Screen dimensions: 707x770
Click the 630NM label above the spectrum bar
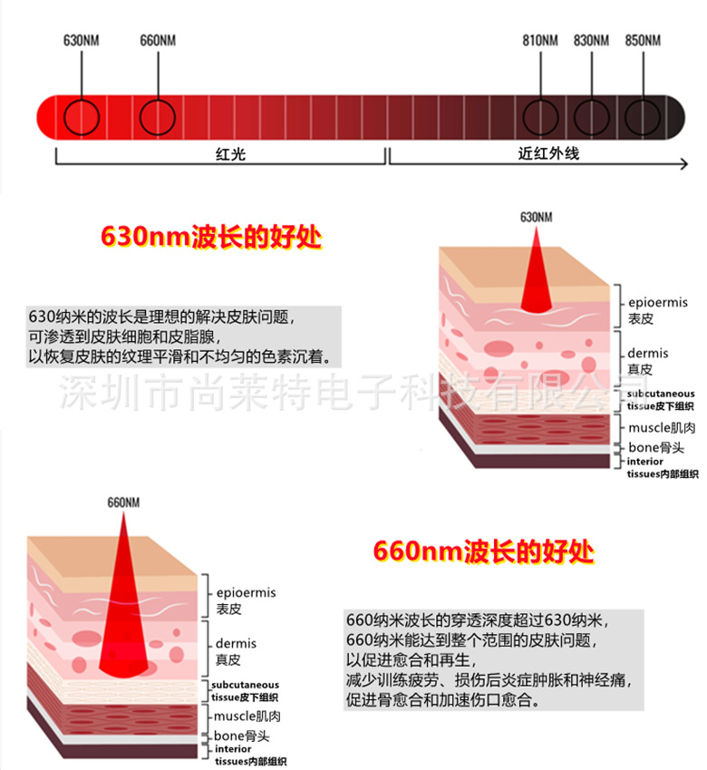pyautogui.click(x=81, y=40)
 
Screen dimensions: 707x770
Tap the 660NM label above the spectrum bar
pyautogui.click(x=158, y=40)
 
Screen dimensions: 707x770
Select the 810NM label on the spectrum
pyautogui.click(x=539, y=40)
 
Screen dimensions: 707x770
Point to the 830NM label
pyautogui.click(x=591, y=40)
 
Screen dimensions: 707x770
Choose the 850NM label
pyautogui.click(x=643, y=40)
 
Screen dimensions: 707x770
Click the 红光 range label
pyautogui.click(x=230, y=154)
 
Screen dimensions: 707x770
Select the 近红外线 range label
pyautogui.click(x=548, y=153)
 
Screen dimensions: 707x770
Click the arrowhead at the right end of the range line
pyautogui.click(x=685, y=164)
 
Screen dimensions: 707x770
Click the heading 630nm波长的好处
pyautogui.click(x=211, y=237)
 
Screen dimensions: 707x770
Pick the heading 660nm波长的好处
pyautogui.click(x=484, y=551)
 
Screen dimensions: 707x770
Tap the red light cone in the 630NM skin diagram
pyautogui.click(x=537, y=280)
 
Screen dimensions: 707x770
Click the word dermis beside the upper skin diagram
pyautogui.click(x=648, y=353)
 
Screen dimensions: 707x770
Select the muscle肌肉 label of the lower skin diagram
pyautogui.click(x=247, y=716)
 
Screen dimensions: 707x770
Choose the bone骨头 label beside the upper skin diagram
pyautogui.click(x=656, y=447)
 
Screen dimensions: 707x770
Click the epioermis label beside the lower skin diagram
pyautogui.click(x=246, y=593)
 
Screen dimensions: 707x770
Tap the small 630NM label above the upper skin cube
pyautogui.click(x=537, y=217)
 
